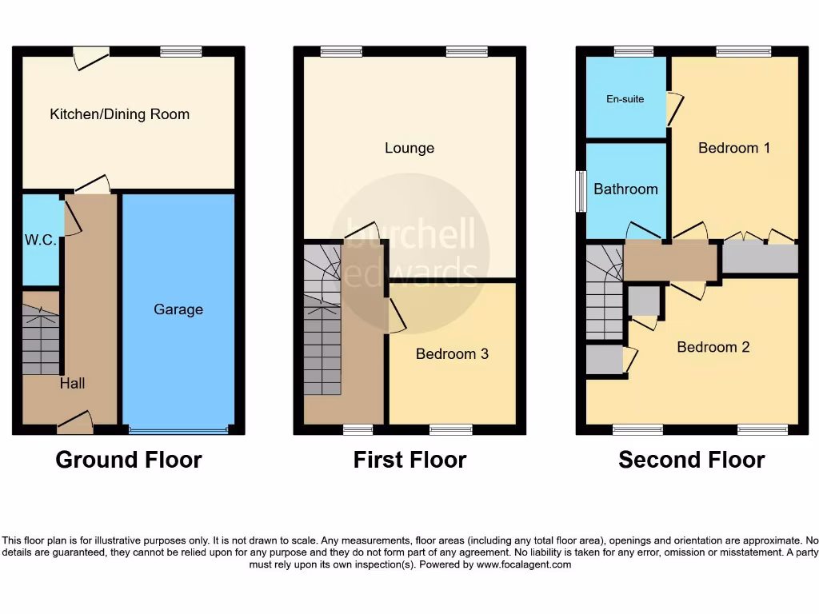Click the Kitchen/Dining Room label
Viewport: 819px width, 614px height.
[x=120, y=114]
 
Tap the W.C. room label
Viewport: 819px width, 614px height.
[x=40, y=240]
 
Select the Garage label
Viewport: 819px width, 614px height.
[x=178, y=309]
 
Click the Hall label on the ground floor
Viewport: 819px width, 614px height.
[x=72, y=384]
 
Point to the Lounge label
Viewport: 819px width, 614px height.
[x=409, y=148]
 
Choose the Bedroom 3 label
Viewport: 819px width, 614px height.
[x=452, y=353]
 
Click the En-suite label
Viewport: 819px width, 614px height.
[x=625, y=99]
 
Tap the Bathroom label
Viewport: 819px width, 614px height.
[x=625, y=189]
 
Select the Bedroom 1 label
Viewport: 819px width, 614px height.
[x=734, y=148]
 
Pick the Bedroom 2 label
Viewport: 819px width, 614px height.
[x=713, y=347]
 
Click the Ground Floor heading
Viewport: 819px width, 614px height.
[x=129, y=460]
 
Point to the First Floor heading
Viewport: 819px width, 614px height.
[x=409, y=460]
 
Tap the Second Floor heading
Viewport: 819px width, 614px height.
[x=692, y=460]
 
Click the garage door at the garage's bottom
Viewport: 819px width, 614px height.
[x=178, y=431]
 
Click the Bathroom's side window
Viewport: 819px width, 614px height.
[x=581, y=193]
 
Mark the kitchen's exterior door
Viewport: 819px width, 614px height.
[x=90, y=55]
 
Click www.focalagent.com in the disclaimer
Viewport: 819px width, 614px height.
[x=524, y=564]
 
